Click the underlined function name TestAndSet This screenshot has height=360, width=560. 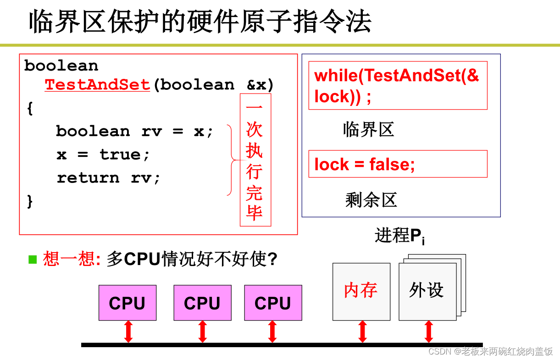pos(97,85)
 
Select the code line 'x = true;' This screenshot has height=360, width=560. pos(103,155)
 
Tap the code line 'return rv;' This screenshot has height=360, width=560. pos(109,178)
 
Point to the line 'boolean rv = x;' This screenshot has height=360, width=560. pos(135,132)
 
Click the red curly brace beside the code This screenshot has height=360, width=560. pos(232,160)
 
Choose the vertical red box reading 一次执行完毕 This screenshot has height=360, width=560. pos(255,160)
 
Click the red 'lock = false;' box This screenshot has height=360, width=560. pos(398,164)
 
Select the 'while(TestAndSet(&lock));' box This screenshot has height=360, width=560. pos(398,86)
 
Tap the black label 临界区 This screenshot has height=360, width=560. pos(368,130)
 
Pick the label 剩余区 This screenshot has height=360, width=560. pos(371,200)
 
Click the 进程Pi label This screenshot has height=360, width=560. pos(399,236)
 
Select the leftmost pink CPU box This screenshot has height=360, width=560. pos(127,303)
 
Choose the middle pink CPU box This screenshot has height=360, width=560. pos(202,303)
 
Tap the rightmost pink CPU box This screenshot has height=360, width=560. pos(273,303)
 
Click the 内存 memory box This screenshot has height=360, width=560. pos(361,291)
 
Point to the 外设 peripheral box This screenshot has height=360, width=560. pos(427,291)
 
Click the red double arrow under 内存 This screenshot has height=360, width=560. pos(362,332)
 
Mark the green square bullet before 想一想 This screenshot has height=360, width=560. pos(33,260)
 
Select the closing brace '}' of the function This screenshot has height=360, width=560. pos(30,200)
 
